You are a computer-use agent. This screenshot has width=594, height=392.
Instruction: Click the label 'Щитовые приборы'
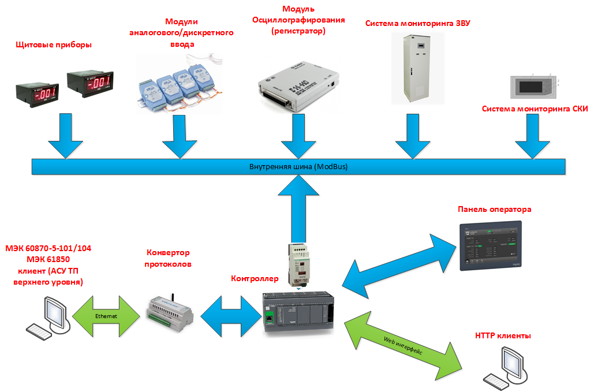point(54,44)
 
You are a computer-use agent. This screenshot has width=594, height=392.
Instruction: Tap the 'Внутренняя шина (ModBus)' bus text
point(298,167)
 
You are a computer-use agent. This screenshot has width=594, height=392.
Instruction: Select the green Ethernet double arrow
point(106,316)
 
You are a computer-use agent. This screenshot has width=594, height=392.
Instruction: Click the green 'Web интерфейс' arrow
point(403,345)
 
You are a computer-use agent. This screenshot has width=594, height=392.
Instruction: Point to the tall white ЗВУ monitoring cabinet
point(417,69)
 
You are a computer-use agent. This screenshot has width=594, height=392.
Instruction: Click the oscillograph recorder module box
point(298,86)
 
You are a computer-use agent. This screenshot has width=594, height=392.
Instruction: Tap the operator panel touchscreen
point(491,246)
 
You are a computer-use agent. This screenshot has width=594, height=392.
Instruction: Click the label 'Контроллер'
point(255,279)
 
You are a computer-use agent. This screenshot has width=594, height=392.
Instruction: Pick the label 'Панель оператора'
point(494,210)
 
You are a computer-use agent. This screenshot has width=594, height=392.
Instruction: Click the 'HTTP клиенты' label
point(503,335)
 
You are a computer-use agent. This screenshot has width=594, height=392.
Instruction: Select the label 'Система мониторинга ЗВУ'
point(417,24)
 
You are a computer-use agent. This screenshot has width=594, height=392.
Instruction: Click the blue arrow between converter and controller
point(231,316)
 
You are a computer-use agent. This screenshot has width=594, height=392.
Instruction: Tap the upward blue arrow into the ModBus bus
point(298,208)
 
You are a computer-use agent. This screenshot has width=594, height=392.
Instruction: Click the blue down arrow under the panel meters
point(66,136)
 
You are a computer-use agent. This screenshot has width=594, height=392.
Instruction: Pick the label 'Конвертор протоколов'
point(168,258)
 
